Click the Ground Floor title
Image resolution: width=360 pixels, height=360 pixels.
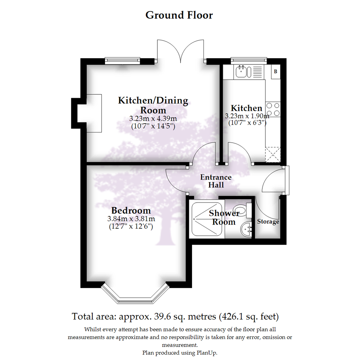(179, 15)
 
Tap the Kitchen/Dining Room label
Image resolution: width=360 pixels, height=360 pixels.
(153, 105)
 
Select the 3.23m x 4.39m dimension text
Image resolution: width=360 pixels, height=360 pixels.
(153, 119)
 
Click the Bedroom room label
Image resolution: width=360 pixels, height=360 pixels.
(131, 211)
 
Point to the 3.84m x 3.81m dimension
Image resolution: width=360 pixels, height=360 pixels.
(131, 219)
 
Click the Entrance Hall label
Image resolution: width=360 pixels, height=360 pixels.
(216, 181)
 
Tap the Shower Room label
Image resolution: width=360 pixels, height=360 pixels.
(224, 217)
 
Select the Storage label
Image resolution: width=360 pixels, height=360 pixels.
(268, 222)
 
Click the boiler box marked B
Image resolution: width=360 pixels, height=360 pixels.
(276, 72)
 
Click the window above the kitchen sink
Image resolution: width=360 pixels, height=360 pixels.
(249, 60)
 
